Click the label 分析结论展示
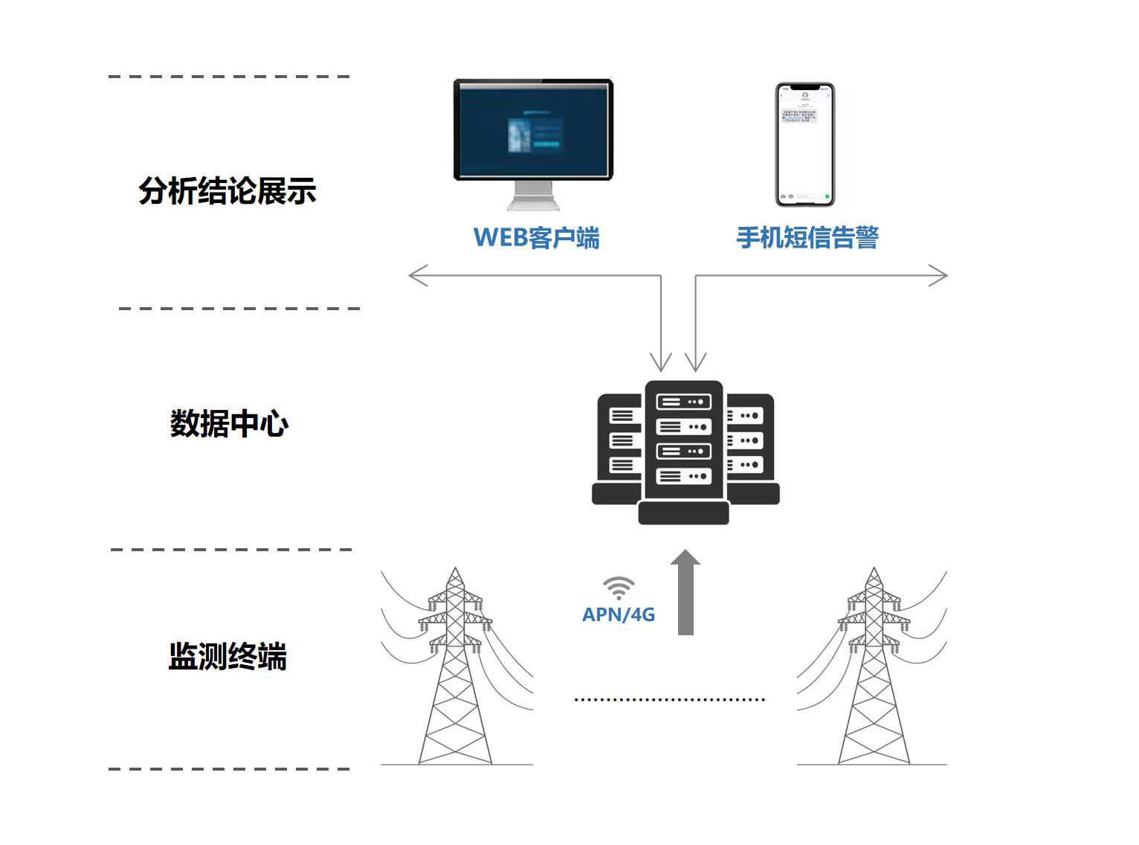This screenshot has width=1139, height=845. coord(228,191)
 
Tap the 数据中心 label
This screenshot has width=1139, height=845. coord(229,424)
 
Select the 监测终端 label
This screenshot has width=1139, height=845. coord(228,657)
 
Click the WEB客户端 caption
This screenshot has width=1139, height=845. coord(536,238)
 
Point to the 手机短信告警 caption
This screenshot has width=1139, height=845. coord(807,238)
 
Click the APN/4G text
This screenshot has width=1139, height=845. coord(618,615)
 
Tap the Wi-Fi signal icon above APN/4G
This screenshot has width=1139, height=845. coord(619,588)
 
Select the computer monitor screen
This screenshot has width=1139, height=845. coord(533,129)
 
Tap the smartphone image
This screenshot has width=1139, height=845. coord(805,144)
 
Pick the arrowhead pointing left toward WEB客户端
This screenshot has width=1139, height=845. coord(418,275)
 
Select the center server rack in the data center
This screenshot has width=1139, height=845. coord(684,446)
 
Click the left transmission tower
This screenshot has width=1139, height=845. coord(456,669)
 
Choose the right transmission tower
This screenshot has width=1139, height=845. coord(874,669)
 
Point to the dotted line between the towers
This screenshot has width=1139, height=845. coord(669,699)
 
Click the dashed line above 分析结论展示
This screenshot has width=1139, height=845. coord(229,77)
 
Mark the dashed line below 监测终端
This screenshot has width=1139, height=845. coord(229,769)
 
